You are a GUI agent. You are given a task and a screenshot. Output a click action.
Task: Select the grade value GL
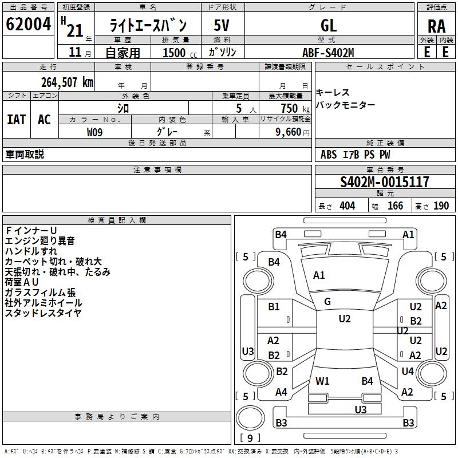329,25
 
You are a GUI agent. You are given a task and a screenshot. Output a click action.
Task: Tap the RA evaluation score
436,26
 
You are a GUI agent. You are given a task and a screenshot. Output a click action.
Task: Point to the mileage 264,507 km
67,82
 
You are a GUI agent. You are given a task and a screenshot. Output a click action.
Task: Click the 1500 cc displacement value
175,53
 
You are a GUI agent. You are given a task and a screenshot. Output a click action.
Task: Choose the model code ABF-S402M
328,53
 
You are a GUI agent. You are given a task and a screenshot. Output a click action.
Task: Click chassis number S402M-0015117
384,182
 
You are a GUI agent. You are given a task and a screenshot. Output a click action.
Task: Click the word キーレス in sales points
333,93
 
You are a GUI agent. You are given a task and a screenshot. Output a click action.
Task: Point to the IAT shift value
17,120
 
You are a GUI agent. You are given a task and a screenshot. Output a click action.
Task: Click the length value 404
347,206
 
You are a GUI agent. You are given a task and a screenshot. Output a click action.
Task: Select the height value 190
441,206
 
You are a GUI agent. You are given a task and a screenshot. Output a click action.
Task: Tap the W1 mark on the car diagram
322,381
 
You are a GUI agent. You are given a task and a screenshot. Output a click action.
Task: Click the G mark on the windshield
327,302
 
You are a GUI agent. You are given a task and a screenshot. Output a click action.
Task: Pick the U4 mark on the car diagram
408,372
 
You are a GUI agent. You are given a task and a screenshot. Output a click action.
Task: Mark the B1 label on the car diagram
274,307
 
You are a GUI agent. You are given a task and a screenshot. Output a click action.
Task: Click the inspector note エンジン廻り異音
40,242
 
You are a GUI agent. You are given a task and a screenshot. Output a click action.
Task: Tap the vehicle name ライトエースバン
148,25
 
